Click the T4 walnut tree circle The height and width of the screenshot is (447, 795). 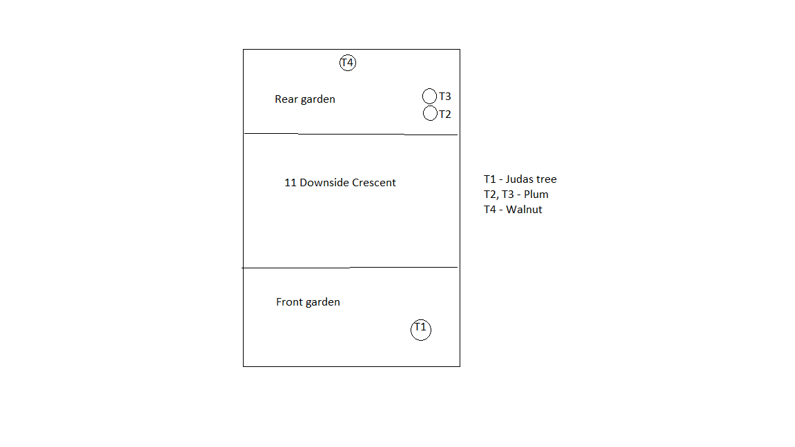[x=347, y=55]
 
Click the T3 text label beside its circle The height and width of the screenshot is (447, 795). [x=444, y=97]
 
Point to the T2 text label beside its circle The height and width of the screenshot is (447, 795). [x=444, y=115]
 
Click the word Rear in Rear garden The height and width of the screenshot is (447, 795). [x=286, y=99]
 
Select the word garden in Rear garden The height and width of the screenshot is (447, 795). [x=317, y=100]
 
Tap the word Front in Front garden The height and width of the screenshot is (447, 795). [x=289, y=301]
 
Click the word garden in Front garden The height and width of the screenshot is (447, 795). [x=322, y=303]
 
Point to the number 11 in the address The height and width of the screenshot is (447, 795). [x=290, y=182]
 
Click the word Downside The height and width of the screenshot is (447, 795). [x=324, y=182]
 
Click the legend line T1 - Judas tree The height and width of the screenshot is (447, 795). [x=520, y=179]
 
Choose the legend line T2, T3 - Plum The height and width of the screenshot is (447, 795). [x=516, y=195]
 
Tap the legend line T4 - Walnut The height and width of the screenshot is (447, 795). [x=513, y=209]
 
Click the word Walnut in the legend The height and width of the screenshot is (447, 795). [x=524, y=209]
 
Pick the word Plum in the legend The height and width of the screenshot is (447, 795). [x=536, y=194]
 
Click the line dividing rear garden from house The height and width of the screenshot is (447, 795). [x=351, y=135]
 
